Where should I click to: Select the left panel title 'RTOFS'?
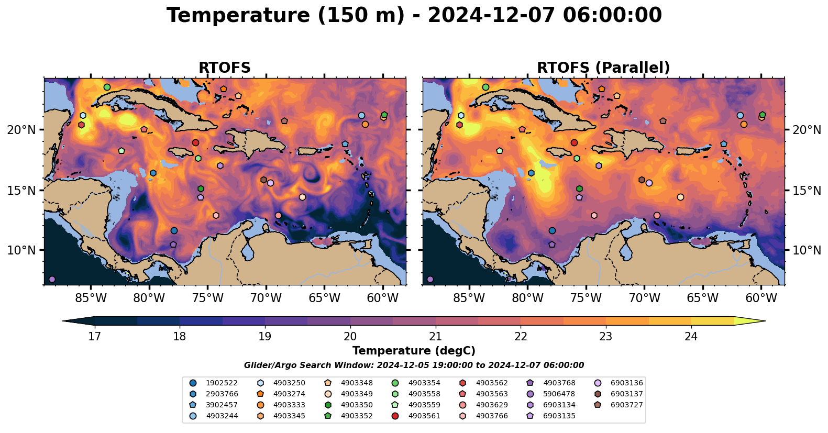[224, 68]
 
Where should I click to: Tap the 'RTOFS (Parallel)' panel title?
[603, 68]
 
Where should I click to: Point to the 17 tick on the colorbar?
[94, 336]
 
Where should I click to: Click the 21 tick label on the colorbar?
[435, 336]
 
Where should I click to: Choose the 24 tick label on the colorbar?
[691, 336]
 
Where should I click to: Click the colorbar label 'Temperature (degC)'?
[414, 351]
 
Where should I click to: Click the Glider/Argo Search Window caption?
[414, 365]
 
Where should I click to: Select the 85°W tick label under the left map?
[91, 298]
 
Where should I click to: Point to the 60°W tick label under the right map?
[761, 298]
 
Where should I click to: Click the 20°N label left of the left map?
[21, 130]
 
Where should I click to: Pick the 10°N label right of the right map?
[807, 250]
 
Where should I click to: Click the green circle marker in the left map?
[107, 87]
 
